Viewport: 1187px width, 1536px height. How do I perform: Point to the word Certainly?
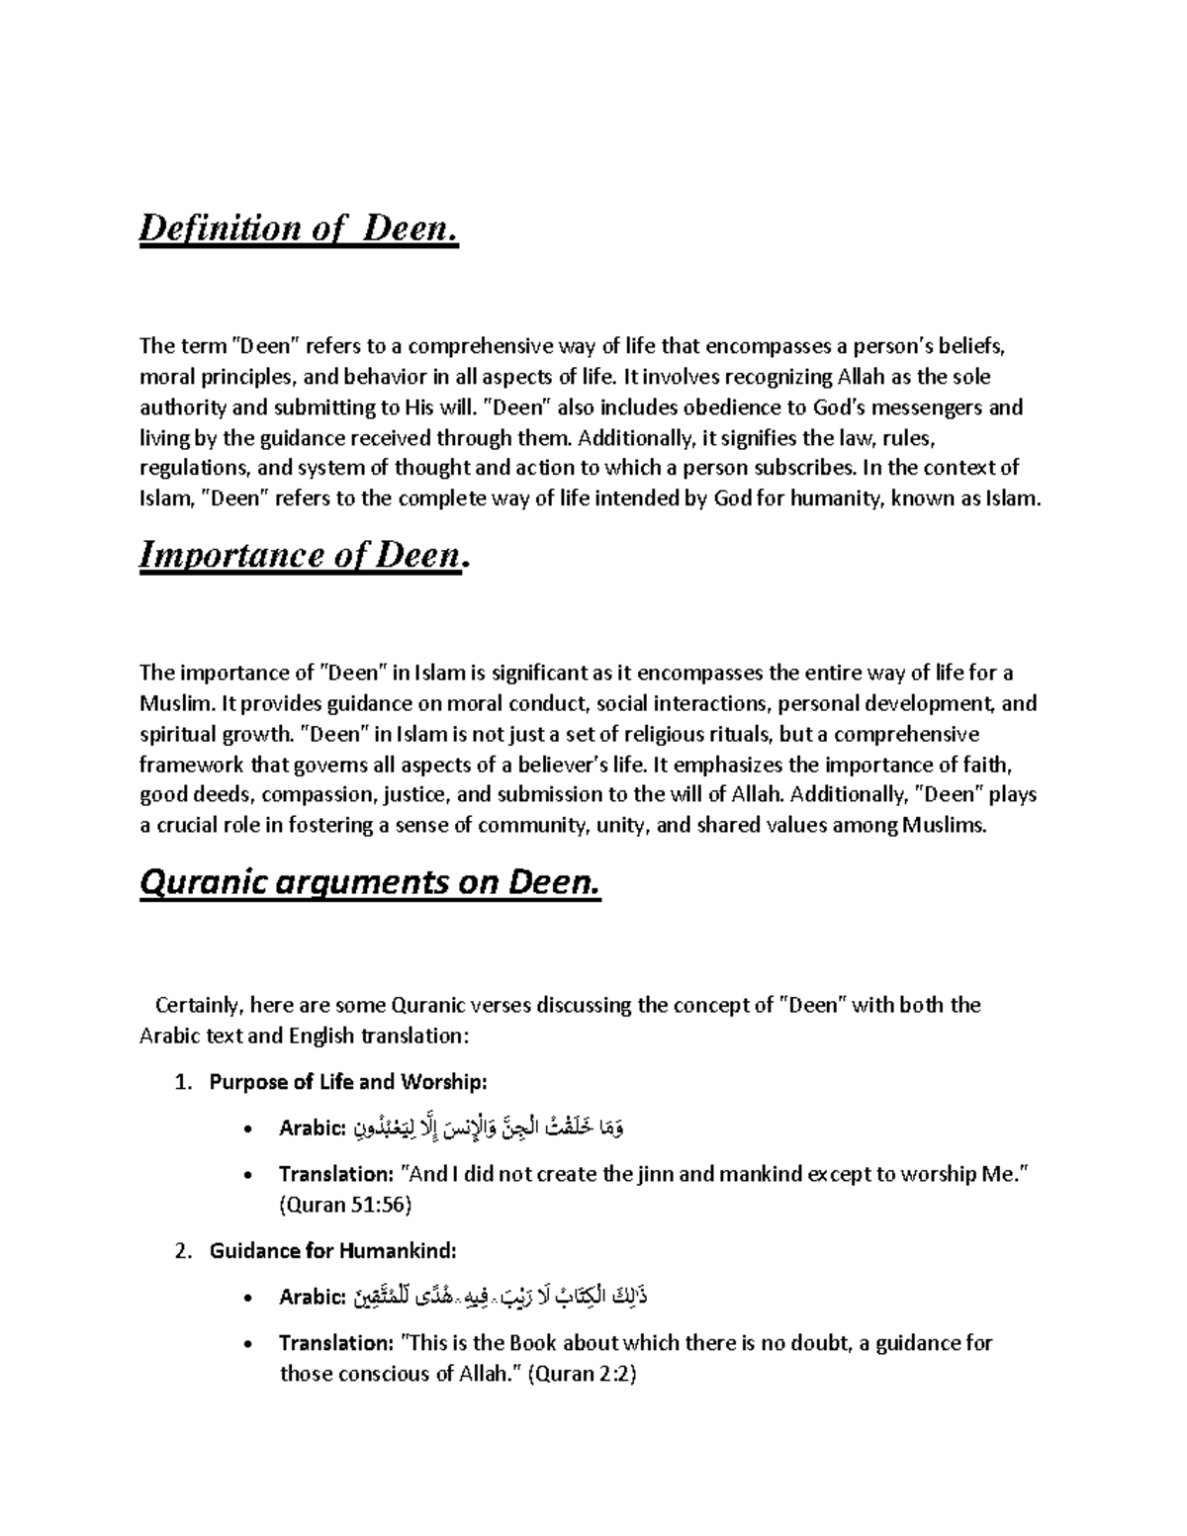[x=198, y=1006]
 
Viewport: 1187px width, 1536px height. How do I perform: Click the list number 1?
[x=181, y=1083]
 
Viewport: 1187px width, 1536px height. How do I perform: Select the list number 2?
[x=181, y=1251]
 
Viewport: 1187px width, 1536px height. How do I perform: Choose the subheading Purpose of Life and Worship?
[x=348, y=1083]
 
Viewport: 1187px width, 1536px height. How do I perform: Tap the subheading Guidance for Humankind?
[x=333, y=1251]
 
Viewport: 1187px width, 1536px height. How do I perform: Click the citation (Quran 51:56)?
[x=345, y=1205]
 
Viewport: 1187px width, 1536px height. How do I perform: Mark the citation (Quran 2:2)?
[x=582, y=1374]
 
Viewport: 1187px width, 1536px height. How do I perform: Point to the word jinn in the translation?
[x=655, y=1174]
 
